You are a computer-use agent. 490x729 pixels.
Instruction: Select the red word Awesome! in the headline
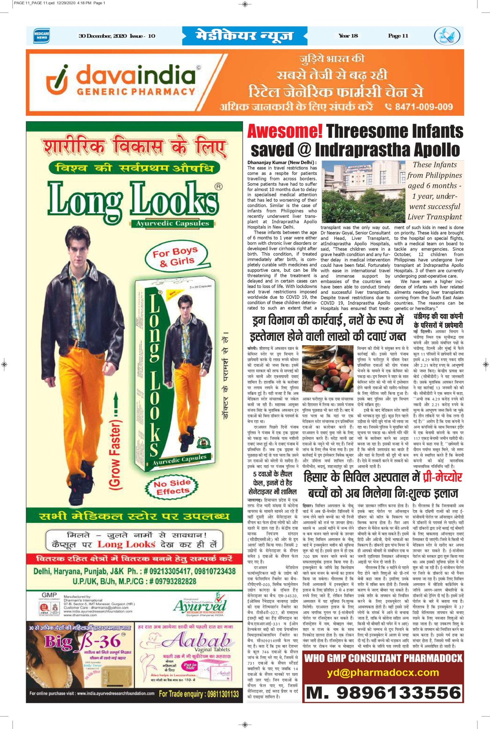tap(285, 131)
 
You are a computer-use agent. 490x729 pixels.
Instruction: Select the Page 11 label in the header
tap(398, 36)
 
